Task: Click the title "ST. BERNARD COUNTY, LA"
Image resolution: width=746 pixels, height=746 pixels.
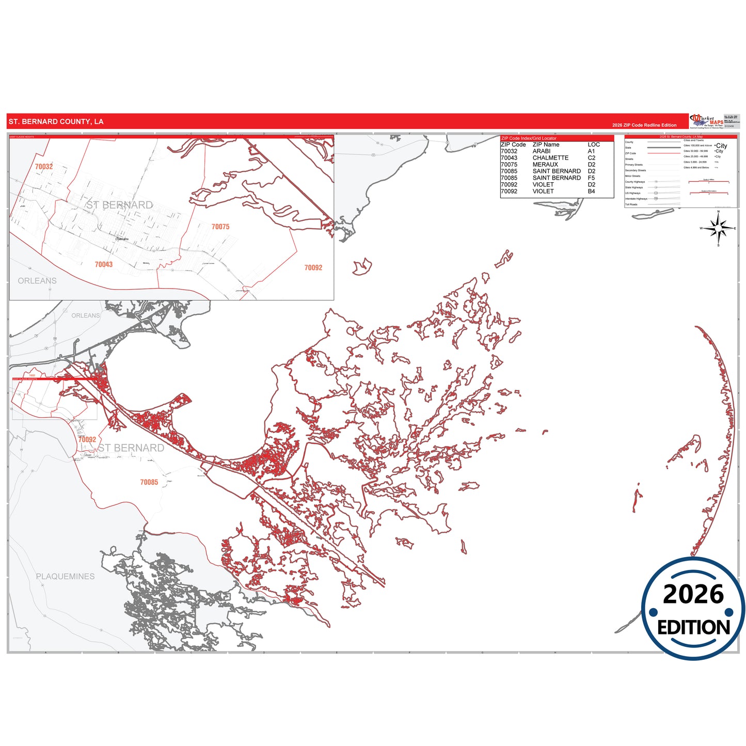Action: [x=56, y=122]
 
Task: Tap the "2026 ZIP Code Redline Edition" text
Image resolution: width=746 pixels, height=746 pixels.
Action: [x=644, y=125]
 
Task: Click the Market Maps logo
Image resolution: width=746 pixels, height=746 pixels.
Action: [x=706, y=121]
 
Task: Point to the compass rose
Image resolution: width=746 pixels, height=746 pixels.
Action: [x=718, y=228]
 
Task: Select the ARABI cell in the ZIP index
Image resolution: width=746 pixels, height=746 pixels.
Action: [x=541, y=151]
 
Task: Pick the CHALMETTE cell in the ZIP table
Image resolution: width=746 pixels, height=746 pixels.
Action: [x=550, y=158]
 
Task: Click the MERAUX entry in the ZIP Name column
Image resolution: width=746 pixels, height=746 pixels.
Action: [x=545, y=165]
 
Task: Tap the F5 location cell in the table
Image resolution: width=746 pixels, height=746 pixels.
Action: [x=591, y=178]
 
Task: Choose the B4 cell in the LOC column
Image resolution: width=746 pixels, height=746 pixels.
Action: [x=591, y=191]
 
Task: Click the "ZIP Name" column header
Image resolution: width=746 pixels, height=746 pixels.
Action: [x=546, y=145]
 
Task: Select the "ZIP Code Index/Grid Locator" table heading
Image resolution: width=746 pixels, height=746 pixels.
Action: [x=529, y=138]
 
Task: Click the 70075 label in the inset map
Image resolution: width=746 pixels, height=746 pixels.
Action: [x=220, y=227]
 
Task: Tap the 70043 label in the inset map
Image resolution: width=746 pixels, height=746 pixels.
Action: [x=104, y=264]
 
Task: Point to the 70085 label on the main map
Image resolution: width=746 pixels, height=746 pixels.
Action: [x=149, y=482]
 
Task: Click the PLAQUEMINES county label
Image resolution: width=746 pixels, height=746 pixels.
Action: [x=65, y=576]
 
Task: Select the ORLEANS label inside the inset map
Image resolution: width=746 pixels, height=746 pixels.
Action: [x=37, y=281]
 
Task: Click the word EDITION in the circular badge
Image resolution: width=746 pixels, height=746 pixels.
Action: [x=693, y=627]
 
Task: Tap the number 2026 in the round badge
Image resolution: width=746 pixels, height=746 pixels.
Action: [x=693, y=594]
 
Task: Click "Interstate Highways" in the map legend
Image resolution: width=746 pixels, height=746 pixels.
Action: [x=636, y=199]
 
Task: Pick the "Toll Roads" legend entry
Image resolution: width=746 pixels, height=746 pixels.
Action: [x=631, y=204]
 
